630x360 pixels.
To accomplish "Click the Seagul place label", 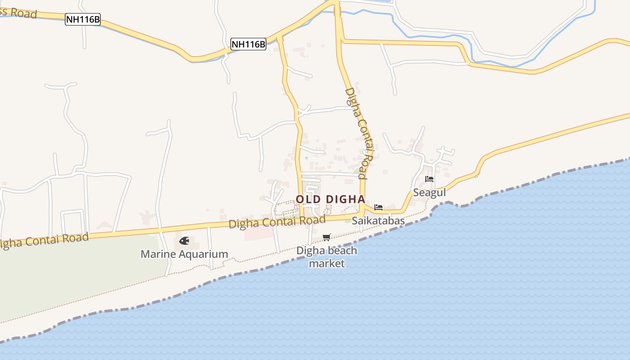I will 429,193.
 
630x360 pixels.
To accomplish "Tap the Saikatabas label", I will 378,220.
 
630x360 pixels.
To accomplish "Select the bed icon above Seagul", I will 429,179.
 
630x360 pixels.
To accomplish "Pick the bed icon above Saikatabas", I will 378,207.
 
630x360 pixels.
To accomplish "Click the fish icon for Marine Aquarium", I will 184,241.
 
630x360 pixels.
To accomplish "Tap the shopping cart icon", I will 327,237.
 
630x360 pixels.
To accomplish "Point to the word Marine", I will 158,254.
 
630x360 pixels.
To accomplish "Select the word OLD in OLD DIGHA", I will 308,199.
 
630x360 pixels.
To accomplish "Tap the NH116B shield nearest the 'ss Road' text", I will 83,19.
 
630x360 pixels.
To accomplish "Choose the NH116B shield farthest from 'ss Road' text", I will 248,44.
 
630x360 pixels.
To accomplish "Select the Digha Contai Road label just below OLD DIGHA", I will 277,222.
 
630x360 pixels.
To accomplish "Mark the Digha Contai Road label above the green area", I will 43,242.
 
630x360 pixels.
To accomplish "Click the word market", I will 327,263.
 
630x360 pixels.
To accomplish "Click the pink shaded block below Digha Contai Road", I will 259,233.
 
